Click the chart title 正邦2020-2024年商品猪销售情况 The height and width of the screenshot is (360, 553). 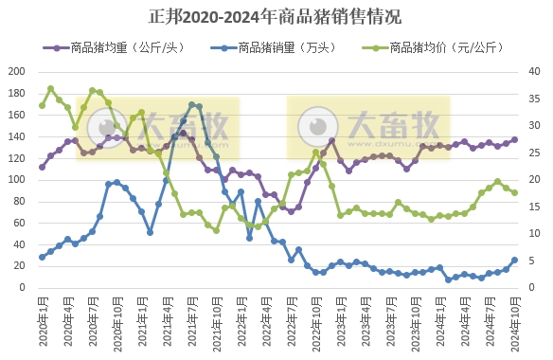tap(276, 16)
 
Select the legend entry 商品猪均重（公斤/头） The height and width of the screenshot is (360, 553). tap(117, 46)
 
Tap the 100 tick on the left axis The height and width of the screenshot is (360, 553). tap(17, 179)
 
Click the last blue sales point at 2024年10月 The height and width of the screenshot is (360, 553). tap(514, 260)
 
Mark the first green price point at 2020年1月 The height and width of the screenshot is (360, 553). tap(42, 105)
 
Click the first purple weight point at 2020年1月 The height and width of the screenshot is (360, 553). tap(42, 167)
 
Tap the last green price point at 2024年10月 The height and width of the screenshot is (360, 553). tap(514, 192)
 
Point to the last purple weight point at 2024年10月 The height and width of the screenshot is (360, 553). tap(514, 139)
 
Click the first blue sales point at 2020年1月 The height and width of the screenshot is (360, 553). tap(42, 257)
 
